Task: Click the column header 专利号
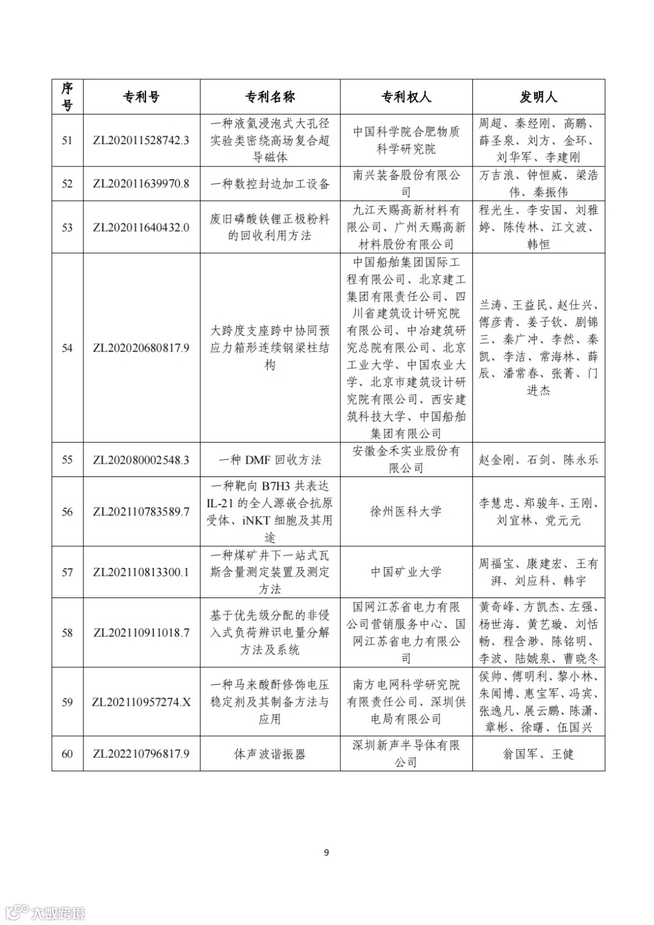click(x=142, y=97)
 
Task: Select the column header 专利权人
click(x=406, y=97)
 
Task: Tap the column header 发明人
click(x=538, y=97)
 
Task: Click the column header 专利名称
click(x=270, y=97)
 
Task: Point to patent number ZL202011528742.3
click(x=141, y=140)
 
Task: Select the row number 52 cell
click(x=67, y=184)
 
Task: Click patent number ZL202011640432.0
click(x=141, y=228)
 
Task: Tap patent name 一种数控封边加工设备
click(x=270, y=184)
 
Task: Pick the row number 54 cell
click(x=67, y=348)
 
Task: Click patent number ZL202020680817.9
click(x=141, y=348)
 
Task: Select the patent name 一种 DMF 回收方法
click(x=270, y=460)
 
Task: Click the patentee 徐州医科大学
click(x=406, y=512)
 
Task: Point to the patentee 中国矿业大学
click(x=406, y=572)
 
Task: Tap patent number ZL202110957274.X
click(x=141, y=702)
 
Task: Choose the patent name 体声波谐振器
click(x=270, y=754)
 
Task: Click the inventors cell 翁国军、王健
click(x=538, y=754)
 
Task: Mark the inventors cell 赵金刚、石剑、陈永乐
click(x=538, y=460)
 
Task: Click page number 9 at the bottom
click(x=327, y=853)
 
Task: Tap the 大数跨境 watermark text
click(x=58, y=913)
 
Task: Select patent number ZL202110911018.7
click(x=141, y=633)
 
